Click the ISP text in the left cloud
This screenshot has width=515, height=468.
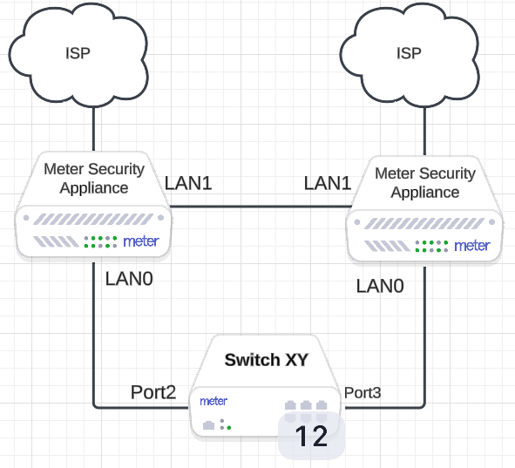pyautogui.click(x=78, y=53)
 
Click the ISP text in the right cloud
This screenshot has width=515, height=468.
pyautogui.click(x=409, y=53)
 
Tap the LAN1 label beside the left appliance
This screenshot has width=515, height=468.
pyautogui.click(x=188, y=183)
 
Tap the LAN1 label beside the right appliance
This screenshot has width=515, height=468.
pyautogui.click(x=328, y=183)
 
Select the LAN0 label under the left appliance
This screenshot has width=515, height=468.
pyautogui.click(x=129, y=279)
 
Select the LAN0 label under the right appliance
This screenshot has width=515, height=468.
pyautogui.click(x=380, y=286)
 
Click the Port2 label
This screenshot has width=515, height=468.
pyautogui.click(x=153, y=392)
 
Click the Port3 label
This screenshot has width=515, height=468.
pyautogui.click(x=363, y=393)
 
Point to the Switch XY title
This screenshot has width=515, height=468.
pyautogui.click(x=267, y=360)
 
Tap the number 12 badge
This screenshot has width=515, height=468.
pyautogui.click(x=311, y=436)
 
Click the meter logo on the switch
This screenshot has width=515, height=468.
pyautogui.click(x=213, y=401)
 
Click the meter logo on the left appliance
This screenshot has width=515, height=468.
pyautogui.click(x=141, y=241)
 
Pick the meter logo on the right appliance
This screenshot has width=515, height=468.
pyautogui.click(x=472, y=246)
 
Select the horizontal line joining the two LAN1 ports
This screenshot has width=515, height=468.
pyautogui.click(x=261, y=207)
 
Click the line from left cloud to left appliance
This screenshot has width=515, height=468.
pyautogui.click(x=93, y=129)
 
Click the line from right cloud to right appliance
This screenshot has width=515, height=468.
pyautogui.click(x=424, y=131)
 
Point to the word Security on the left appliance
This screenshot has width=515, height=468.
pyautogui.click(x=116, y=169)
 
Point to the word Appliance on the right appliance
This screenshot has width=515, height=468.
pyautogui.click(x=425, y=192)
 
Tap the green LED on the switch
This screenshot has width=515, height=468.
pyautogui.click(x=229, y=428)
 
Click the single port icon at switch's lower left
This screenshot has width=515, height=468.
pyautogui.click(x=208, y=425)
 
